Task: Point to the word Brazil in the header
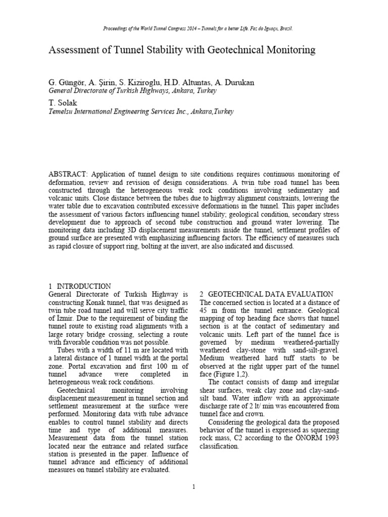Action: (x=284, y=29)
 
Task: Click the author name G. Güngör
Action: (x=66, y=82)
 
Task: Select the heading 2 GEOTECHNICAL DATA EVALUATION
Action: (x=266, y=294)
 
